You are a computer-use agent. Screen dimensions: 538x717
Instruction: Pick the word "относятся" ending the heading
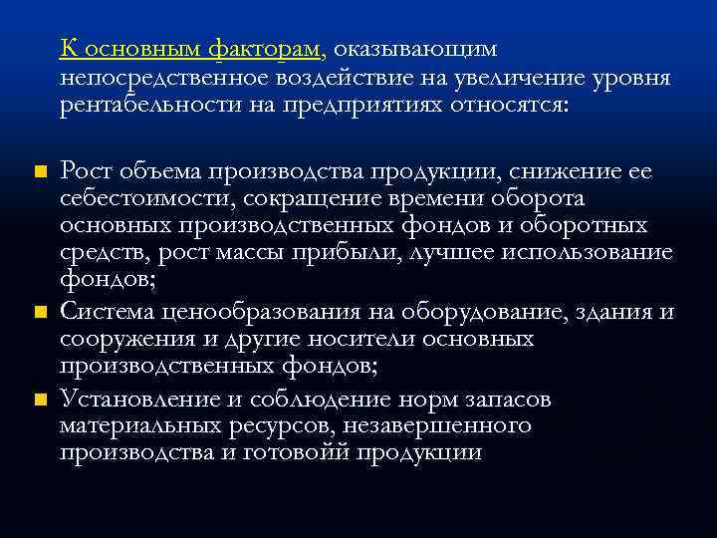coord(507,104)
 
